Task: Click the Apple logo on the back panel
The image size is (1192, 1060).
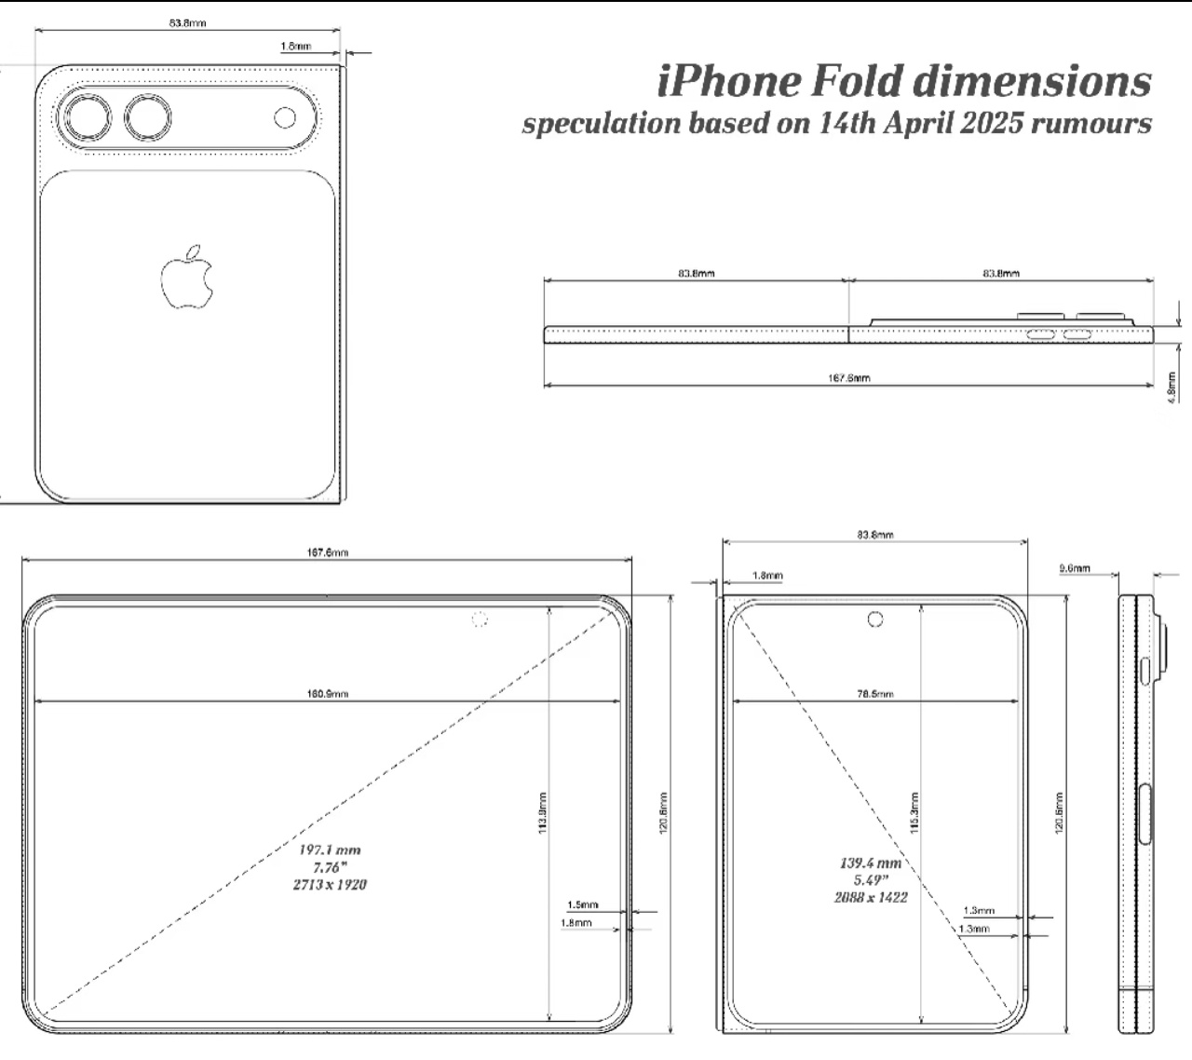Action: (x=186, y=278)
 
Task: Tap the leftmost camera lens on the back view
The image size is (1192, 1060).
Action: (x=85, y=119)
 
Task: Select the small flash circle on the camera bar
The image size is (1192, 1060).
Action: (x=286, y=118)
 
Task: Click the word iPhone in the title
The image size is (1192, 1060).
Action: (x=728, y=81)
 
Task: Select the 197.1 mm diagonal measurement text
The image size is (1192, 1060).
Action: (x=330, y=849)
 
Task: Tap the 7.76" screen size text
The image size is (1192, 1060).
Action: (x=330, y=867)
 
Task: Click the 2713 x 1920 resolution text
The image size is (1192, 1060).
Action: (x=330, y=884)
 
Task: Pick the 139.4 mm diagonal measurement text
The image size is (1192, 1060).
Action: (x=871, y=863)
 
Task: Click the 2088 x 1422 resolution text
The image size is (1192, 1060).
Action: (x=871, y=896)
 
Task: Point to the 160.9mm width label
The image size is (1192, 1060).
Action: (x=328, y=693)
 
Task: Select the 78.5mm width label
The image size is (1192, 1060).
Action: (x=874, y=693)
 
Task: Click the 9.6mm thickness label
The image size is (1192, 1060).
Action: (x=1075, y=568)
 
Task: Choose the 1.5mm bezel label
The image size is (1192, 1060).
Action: (x=583, y=904)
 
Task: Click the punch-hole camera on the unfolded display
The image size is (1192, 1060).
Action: (x=480, y=619)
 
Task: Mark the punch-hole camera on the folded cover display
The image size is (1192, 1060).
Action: (x=874, y=618)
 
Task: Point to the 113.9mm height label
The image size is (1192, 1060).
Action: (x=543, y=812)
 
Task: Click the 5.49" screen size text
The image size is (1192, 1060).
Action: (x=871, y=879)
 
